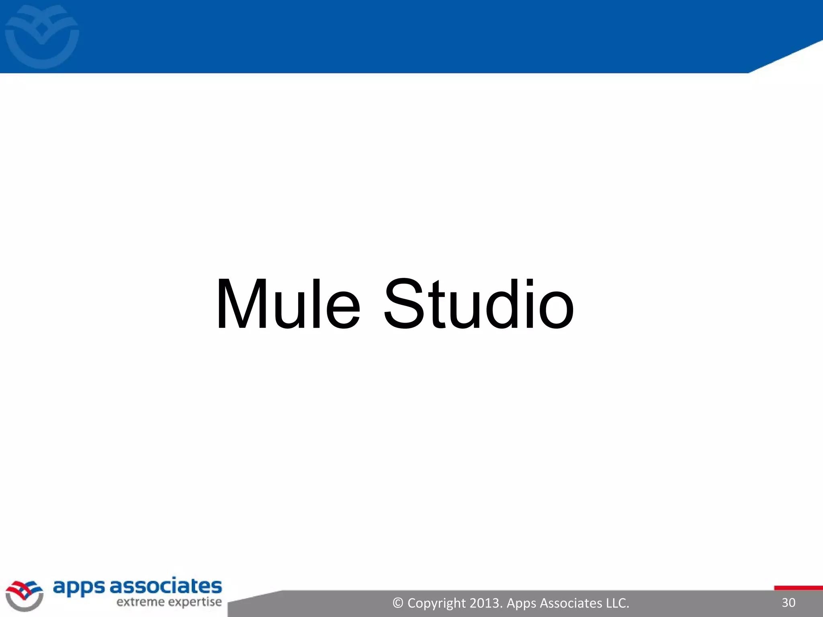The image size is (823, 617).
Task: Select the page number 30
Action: [x=788, y=603]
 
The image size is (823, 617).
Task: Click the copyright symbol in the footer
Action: [x=398, y=603]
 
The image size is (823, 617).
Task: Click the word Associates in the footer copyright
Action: [x=571, y=603]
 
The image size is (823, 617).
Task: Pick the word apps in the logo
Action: [x=79, y=587]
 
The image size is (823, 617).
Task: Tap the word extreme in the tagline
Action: [x=140, y=602]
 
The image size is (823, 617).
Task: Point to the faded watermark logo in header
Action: [x=42, y=36]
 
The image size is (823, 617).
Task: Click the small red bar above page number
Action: [x=798, y=588]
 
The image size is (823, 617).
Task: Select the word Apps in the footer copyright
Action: [x=521, y=603]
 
